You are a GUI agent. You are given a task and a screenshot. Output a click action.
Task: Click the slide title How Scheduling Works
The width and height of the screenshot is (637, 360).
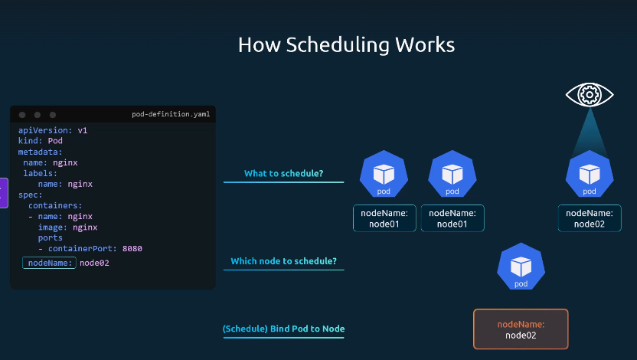click(x=346, y=44)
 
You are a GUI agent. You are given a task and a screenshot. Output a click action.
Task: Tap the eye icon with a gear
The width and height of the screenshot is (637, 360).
click(x=590, y=95)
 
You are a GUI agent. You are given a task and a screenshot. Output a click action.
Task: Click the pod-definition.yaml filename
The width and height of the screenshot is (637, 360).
click(x=171, y=114)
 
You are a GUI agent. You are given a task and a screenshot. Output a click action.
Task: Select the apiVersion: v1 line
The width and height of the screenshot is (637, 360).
click(x=53, y=130)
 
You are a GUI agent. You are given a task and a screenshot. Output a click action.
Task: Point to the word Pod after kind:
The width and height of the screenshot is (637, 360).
click(x=55, y=141)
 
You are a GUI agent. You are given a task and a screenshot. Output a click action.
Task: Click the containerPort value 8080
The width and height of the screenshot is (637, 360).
click(x=132, y=249)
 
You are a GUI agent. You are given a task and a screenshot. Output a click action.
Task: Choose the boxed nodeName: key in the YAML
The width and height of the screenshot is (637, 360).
click(x=49, y=263)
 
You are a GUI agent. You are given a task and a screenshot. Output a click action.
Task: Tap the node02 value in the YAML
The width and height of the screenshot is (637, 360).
click(x=94, y=263)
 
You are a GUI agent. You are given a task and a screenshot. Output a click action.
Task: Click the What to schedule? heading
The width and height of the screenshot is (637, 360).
click(x=283, y=174)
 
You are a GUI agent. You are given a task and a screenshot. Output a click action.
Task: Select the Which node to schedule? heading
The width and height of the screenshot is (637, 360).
click(x=283, y=261)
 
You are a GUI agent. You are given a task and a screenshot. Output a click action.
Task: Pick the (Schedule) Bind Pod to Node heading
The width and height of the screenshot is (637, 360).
click(x=283, y=329)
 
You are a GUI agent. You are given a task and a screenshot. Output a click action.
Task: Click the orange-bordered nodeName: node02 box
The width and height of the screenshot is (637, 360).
click(x=521, y=329)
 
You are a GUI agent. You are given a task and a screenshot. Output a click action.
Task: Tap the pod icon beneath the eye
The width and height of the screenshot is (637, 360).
click(x=590, y=174)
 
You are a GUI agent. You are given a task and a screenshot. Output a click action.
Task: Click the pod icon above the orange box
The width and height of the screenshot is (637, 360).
click(x=521, y=267)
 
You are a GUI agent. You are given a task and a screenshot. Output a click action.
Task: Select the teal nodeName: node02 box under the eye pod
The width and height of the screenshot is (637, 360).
click(x=590, y=218)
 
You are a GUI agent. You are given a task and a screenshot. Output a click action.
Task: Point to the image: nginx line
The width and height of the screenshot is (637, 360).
click(x=68, y=227)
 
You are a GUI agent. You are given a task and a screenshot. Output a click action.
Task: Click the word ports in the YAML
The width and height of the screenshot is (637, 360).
click(x=51, y=237)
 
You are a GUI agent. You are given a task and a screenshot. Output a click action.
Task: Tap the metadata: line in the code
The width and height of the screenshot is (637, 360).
click(x=41, y=152)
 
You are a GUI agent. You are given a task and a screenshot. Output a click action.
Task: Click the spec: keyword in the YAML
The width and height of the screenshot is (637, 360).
click(x=30, y=195)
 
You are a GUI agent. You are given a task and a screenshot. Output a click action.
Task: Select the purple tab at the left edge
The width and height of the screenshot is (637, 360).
click(x=4, y=193)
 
